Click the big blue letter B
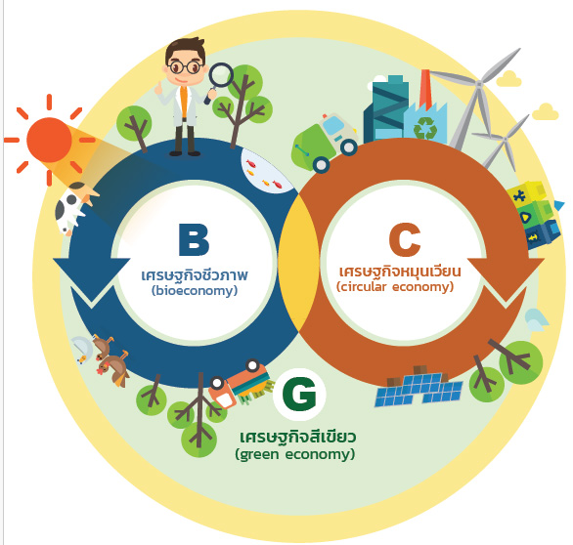pos(194,239)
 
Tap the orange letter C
pos(405,239)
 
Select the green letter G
pos(299,395)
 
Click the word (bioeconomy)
pos(195,291)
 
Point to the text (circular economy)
pos(395,287)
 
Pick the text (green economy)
pos(295,454)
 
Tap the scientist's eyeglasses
pos(185,67)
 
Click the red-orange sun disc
pos(49,140)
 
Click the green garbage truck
pos(325,144)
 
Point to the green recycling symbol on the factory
pos(425,127)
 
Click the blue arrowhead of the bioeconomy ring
pos(91,278)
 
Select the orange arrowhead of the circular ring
pos(507,278)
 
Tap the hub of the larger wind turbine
pos(479,84)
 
